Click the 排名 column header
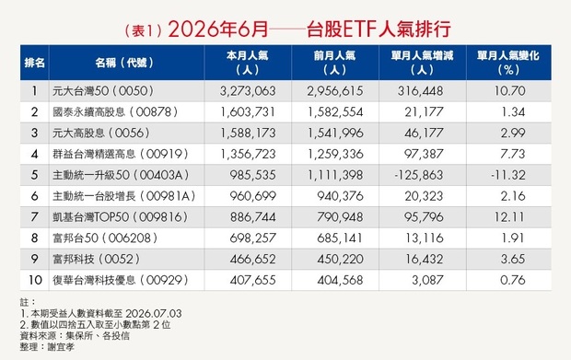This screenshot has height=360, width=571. click(x=35, y=63)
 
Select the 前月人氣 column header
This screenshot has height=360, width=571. click(x=334, y=63)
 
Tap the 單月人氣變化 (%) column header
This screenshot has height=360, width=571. click(x=508, y=63)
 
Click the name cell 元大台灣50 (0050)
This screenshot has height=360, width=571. click(x=103, y=90)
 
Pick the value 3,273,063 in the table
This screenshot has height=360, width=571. click(x=248, y=90)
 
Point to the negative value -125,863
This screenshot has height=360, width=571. click(x=419, y=175)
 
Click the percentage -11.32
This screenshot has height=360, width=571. click(x=508, y=175)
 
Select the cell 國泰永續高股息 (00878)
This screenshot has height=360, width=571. click(x=115, y=111)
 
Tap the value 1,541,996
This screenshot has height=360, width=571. click(x=335, y=133)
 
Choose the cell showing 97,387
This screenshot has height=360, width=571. click(x=424, y=154)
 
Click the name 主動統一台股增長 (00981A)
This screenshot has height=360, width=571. click(x=124, y=196)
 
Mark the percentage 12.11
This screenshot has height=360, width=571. click(x=509, y=217)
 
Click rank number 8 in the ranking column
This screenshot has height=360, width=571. click(x=35, y=238)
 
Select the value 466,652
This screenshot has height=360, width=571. click(x=252, y=259)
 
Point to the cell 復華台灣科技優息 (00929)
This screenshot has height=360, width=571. click(x=121, y=280)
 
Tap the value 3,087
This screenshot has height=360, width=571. click(x=427, y=280)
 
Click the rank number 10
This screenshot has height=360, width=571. click(x=35, y=280)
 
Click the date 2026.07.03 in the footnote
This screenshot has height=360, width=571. click(x=153, y=313)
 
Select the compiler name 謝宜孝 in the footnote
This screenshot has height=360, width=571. click(x=61, y=347)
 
